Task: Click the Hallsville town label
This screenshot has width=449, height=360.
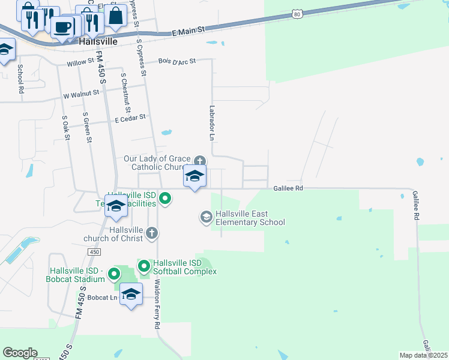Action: coord(98,42)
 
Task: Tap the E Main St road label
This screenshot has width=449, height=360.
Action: coord(188,30)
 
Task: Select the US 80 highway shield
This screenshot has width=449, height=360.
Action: coord(297,13)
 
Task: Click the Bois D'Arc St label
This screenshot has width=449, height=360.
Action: coord(177,61)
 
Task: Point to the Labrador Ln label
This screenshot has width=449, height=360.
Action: coord(212,123)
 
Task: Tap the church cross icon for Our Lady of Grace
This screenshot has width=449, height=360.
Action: coord(200,161)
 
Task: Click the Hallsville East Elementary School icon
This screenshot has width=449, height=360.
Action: coord(206,217)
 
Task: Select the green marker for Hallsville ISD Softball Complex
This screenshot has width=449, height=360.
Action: coord(144,265)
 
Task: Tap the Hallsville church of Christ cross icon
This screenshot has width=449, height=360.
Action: coord(152,232)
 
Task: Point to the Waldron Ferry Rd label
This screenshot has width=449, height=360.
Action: coord(157,303)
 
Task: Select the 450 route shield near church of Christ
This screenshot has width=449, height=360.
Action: coord(94,253)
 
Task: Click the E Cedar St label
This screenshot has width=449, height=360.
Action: coord(130,118)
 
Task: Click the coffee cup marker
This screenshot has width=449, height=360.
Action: coord(62,26)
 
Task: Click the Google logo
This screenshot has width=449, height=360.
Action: coord(20,353)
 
